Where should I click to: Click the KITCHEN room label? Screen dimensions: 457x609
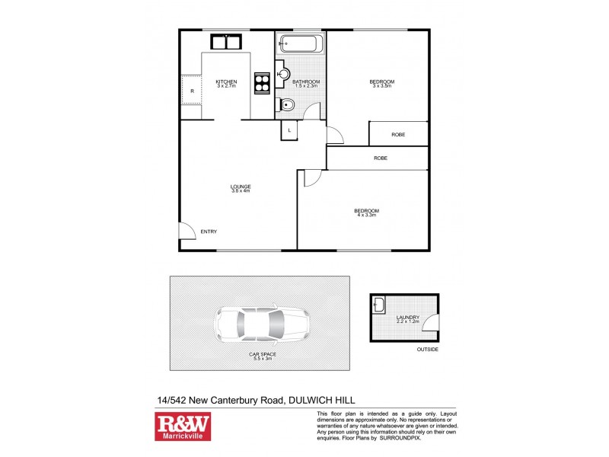(226, 82)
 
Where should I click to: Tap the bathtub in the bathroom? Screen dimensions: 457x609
(301, 43)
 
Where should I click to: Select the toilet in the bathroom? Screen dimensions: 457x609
(287, 105)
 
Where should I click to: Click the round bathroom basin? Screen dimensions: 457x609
(283, 75)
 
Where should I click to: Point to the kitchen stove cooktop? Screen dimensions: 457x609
(262, 82)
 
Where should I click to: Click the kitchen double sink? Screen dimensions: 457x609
(226, 41)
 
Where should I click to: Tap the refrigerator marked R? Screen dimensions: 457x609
(192, 91)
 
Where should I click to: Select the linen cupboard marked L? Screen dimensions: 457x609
(290, 130)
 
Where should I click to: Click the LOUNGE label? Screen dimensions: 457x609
(241, 187)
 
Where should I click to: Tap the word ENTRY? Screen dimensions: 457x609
(209, 232)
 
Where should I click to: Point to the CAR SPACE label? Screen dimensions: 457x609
(260, 355)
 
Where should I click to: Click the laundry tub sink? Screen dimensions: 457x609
(380, 307)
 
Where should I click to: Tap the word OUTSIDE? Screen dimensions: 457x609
(427, 350)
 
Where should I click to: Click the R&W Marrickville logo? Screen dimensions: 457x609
(183, 427)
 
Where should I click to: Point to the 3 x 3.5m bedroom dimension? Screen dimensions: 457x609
(382, 86)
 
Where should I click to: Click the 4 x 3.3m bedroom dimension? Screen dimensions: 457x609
(366, 215)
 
